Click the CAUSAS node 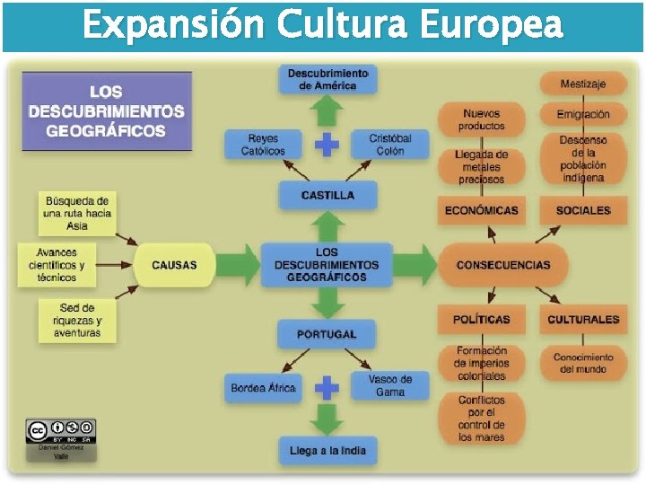coord(174,265)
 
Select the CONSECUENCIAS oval coord(503,265)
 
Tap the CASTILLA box coord(327,195)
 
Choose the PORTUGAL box coord(327,334)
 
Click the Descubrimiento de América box coord(327,79)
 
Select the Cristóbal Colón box coord(390,145)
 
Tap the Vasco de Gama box coord(390,386)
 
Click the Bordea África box coord(263,388)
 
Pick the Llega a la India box coord(327,450)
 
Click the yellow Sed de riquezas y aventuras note coord(76,321)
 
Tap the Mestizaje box coord(582,84)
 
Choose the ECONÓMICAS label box coord(481,210)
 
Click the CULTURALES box coord(583,319)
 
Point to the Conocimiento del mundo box coord(583,363)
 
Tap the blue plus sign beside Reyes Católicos coord(327,145)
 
